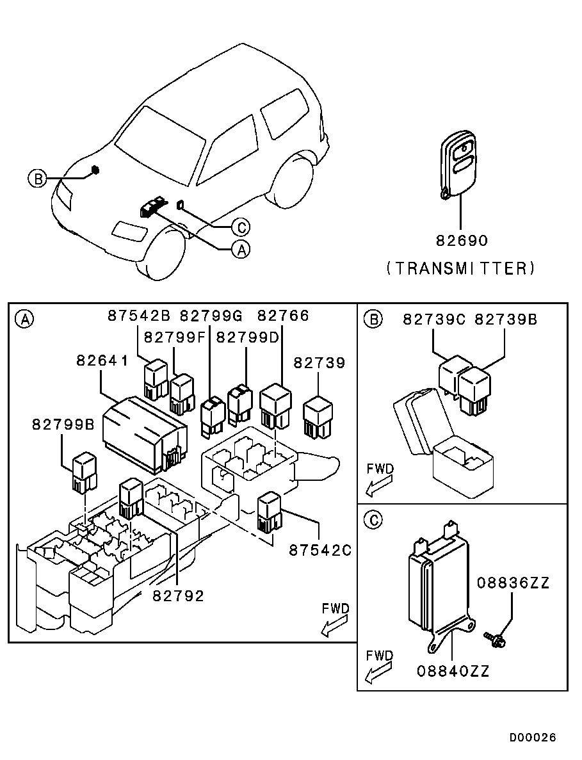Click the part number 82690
[x=462, y=241]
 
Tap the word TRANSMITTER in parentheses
[x=460, y=268]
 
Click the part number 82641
[x=102, y=360]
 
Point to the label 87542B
[x=138, y=316]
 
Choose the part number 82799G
[x=211, y=316]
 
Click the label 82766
[x=283, y=316]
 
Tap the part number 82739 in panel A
[x=319, y=363]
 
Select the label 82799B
[x=62, y=424]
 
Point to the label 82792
[x=178, y=596]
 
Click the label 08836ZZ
[x=512, y=583]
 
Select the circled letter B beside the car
[x=37, y=179]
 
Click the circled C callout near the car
[x=240, y=227]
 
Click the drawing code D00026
[x=533, y=738]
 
